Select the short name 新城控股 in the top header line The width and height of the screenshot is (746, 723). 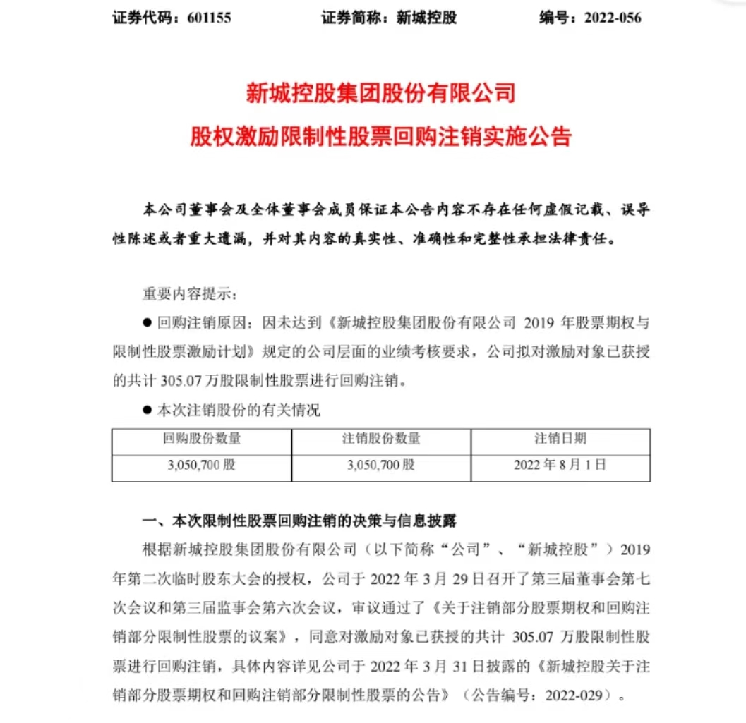[427, 18]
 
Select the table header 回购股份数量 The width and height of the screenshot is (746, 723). [202, 439]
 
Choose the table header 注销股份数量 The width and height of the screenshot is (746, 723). [381, 439]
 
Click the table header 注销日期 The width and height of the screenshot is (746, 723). [560, 439]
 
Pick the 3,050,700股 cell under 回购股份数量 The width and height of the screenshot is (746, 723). [202, 466]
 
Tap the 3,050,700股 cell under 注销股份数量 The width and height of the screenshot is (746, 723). [381, 466]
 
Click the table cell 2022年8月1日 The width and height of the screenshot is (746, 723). [560, 466]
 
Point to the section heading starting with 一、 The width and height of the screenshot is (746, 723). [300, 522]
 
